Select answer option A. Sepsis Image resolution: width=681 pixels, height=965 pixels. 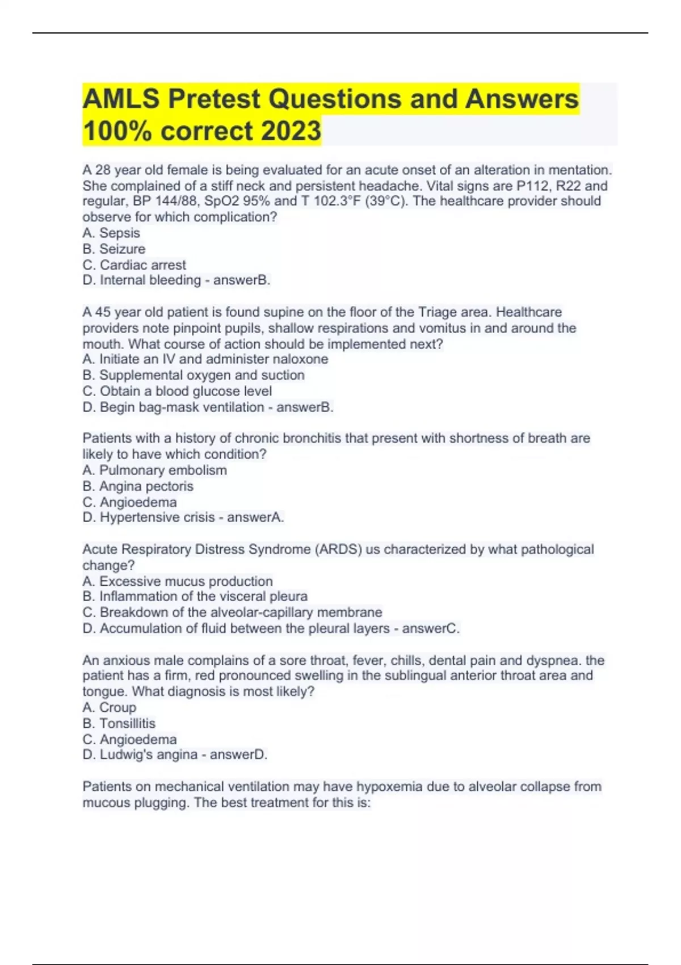(x=111, y=233)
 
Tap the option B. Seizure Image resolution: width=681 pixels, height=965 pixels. (x=114, y=249)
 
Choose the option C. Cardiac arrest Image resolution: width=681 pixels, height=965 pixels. (x=134, y=265)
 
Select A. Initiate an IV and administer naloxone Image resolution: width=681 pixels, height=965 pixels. (x=205, y=359)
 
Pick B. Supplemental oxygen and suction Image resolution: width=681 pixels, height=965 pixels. (x=194, y=375)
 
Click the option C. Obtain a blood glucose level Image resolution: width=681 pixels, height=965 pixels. (x=177, y=391)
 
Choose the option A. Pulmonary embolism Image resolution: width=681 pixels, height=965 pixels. (x=155, y=470)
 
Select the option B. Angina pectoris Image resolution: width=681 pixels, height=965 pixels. (x=138, y=486)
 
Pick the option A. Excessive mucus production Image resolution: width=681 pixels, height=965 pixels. (x=178, y=581)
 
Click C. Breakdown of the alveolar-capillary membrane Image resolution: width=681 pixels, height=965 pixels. (x=233, y=612)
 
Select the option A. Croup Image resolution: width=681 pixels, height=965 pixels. (x=110, y=707)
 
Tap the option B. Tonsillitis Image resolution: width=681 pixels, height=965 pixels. (x=119, y=723)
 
